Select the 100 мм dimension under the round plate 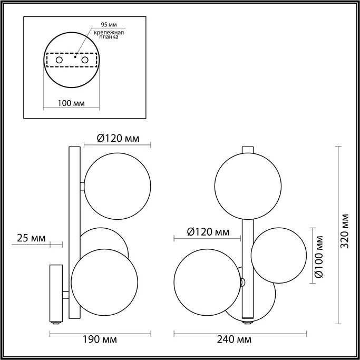click(x=71, y=103)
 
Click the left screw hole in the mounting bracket click(x=59, y=61)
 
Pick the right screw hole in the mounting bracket click(x=83, y=61)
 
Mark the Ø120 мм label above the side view click(x=118, y=138)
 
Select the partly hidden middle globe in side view click(x=105, y=238)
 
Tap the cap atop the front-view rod click(x=248, y=149)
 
